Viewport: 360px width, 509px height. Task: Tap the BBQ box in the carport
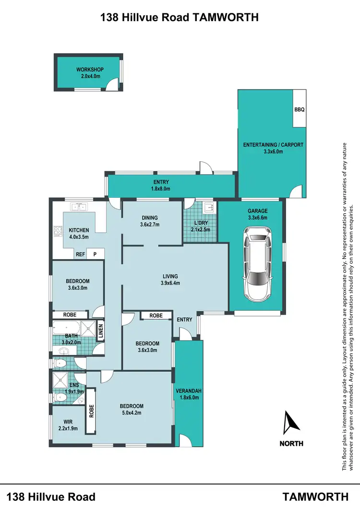pyautogui.click(x=299, y=110)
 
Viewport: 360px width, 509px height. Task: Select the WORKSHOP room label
pyautogui.click(x=90, y=70)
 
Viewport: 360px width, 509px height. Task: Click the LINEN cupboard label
pyautogui.click(x=101, y=331)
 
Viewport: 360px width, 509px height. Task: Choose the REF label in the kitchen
pyautogui.click(x=80, y=254)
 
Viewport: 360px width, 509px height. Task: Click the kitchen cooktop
pyautogui.click(x=58, y=231)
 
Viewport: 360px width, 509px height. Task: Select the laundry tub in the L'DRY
pyautogui.click(x=209, y=208)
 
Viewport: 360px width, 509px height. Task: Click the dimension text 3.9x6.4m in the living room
pyautogui.click(x=170, y=283)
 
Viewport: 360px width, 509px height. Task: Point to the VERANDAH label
pyautogui.click(x=188, y=390)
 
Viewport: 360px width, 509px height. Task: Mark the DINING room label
pyautogui.click(x=149, y=217)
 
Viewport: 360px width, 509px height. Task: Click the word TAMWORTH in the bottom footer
pyautogui.click(x=315, y=497)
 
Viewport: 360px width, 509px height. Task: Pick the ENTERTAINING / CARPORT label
pyautogui.click(x=273, y=144)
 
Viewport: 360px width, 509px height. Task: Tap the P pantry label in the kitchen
pyautogui.click(x=95, y=254)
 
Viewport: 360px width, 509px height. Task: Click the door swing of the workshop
pyautogui.click(x=111, y=85)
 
